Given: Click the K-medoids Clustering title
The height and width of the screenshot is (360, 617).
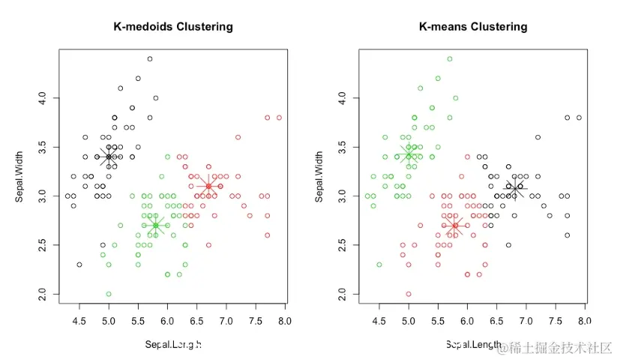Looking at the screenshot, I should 172,27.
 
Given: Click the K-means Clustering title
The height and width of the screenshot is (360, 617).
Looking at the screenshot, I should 472,27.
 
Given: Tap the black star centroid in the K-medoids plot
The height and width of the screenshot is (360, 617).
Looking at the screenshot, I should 109,157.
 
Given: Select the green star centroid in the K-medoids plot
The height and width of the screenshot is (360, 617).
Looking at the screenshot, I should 155,225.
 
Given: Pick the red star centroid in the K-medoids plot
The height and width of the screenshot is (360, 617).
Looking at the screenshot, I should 208,186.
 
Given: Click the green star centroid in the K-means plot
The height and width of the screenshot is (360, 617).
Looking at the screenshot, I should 409,154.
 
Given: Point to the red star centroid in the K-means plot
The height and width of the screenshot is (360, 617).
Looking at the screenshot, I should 455,225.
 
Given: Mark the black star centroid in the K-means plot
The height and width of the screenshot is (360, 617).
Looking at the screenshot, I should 515,187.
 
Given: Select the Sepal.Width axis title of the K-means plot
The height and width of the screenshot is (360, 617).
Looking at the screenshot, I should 320,177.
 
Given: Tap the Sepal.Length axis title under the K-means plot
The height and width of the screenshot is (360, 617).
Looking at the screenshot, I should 474,344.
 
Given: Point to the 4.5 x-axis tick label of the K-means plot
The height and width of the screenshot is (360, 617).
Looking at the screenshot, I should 379,322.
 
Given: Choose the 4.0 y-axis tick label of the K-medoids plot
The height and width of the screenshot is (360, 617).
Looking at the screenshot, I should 43,98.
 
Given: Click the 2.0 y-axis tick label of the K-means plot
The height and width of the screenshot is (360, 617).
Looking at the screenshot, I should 343,294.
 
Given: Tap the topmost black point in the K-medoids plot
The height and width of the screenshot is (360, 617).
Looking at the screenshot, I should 150,58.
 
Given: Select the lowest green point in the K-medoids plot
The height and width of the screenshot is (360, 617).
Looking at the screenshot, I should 109,294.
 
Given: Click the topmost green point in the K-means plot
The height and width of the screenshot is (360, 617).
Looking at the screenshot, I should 450,58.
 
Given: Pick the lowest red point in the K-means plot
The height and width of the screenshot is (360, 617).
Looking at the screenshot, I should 409,294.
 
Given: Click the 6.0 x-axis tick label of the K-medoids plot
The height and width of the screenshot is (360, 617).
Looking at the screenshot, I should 167,322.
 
